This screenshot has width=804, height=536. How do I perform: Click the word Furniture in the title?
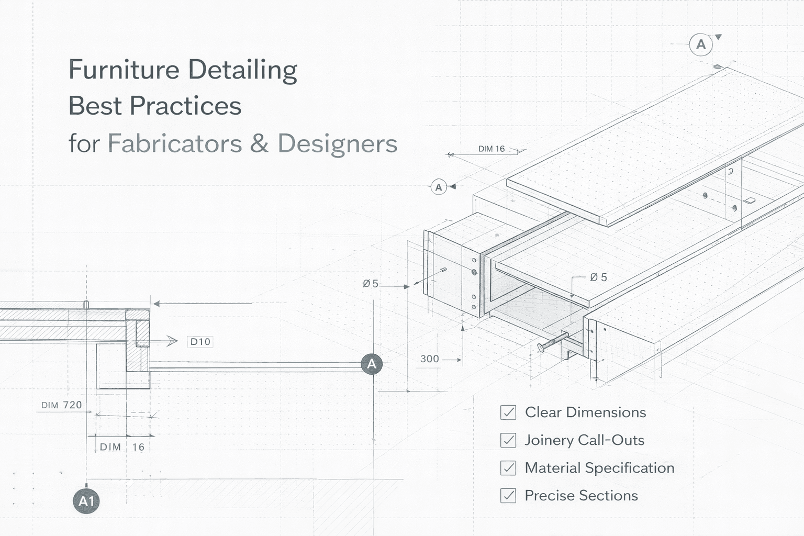pos(124,70)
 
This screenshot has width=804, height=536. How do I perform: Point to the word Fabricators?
pos(174,143)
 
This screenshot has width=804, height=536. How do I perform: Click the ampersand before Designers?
pos(259,143)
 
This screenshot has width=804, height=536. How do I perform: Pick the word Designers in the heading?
pos(337,144)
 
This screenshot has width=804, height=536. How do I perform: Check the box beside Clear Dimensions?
pos(508,412)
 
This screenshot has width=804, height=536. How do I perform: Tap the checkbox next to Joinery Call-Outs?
pos(508,440)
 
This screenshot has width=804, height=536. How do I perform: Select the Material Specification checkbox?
pos(508,468)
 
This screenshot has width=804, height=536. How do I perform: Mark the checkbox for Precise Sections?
pos(508,496)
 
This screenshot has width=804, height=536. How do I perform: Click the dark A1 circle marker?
pos(86,501)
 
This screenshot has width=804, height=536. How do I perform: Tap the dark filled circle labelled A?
pos(372,364)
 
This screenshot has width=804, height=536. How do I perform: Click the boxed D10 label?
pos(200,342)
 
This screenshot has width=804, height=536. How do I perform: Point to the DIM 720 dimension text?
pos(62,405)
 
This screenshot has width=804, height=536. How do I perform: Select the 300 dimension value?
pos(429,359)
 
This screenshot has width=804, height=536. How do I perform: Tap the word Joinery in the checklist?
pos(549,440)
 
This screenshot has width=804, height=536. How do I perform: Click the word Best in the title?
pos(95,106)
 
